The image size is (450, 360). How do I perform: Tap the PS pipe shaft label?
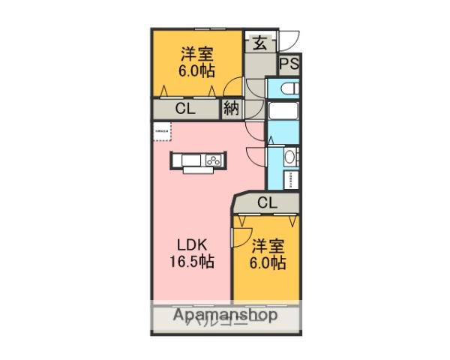click(289, 64)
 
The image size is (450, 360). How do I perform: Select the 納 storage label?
click(231, 108)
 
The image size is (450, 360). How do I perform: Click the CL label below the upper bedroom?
click(185, 108)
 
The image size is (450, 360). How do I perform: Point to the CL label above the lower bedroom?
click(266, 202)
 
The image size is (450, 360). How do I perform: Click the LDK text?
click(192, 245)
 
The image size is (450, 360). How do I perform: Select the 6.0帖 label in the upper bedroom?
click(196, 71)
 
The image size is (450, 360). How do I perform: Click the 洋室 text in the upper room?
click(196, 54)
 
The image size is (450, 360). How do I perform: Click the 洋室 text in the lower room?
click(267, 245)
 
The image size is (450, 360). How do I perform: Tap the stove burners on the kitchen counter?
click(213, 160)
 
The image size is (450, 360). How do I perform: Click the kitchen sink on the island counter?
click(187, 160)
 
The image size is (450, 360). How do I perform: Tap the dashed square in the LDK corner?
click(161, 131)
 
